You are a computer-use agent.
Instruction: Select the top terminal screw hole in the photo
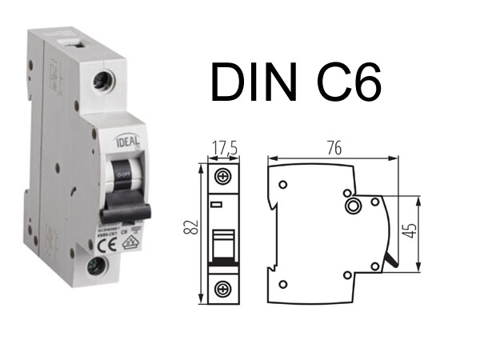tap(102, 81)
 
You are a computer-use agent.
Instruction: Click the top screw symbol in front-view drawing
tap(223, 176)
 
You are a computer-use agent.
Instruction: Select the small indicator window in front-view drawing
tap(217, 205)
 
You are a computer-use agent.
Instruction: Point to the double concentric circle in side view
tap(352, 207)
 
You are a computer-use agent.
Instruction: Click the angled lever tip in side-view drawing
tap(390, 261)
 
